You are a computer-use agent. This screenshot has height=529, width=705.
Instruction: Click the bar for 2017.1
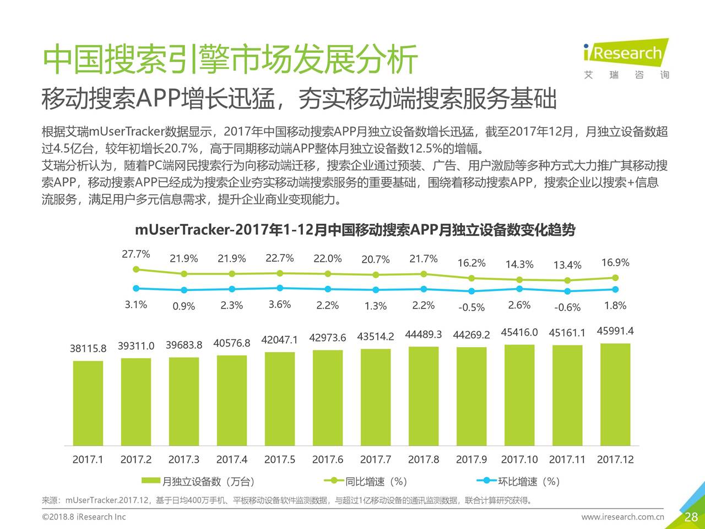88,403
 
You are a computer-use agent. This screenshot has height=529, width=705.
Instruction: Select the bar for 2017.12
615,394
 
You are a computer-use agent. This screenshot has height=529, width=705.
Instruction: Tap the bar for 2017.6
328,397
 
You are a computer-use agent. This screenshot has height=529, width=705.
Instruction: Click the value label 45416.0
519,332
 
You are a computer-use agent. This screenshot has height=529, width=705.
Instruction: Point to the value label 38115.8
88,348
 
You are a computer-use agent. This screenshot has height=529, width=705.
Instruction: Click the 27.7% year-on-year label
136,254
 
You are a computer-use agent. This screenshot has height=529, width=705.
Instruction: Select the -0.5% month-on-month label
471,307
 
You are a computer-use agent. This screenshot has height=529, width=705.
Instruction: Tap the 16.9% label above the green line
615,262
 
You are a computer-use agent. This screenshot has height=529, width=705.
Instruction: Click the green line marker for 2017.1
136,269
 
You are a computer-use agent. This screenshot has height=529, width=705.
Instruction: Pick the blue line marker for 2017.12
615,289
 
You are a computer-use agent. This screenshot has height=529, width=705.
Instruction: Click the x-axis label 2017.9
471,460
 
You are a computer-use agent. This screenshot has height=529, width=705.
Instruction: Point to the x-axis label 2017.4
232,460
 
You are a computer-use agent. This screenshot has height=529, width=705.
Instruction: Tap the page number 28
691,517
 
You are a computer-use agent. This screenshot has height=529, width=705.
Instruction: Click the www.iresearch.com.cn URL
623,517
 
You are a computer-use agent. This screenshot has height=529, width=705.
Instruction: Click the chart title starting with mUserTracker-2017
355,230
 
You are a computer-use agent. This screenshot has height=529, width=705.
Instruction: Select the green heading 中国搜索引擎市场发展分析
230,60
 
